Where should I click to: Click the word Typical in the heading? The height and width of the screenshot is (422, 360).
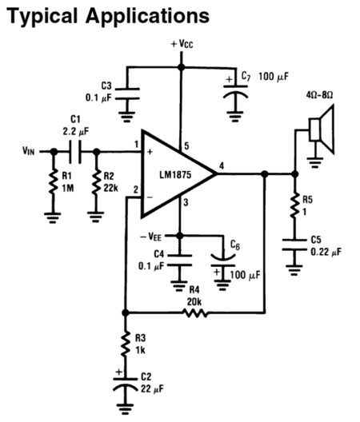[x=42, y=17]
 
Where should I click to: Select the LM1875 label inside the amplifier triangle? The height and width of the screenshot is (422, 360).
[x=175, y=175]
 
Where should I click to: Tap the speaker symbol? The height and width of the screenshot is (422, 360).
[x=322, y=129]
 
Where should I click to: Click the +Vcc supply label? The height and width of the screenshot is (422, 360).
[x=182, y=44]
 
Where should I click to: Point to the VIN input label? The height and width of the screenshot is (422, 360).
[x=29, y=151]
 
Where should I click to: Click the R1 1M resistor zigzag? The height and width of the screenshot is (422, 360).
[x=54, y=181]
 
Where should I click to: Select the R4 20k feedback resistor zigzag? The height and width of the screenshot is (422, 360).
[x=195, y=313]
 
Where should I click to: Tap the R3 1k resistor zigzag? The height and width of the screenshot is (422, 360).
[x=125, y=344]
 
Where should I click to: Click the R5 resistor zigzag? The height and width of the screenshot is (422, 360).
[x=294, y=205]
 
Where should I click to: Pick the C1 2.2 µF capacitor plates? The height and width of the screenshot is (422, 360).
[x=75, y=152]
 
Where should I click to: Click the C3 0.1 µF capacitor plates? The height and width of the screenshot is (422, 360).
[x=127, y=94]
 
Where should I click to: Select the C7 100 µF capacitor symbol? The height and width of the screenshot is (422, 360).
[x=235, y=92]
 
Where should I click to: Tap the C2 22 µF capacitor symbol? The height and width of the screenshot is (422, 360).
[x=125, y=384]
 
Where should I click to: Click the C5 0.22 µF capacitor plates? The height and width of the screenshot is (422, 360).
[x=294, y=245]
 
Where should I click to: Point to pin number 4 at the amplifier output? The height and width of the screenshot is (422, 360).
[x=222, y=165]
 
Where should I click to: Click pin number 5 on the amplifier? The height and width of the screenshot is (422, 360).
[x=186, y=146]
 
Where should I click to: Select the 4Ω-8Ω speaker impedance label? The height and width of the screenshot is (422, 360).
[x=319, y=95]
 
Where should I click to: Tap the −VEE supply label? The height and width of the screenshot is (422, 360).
[x=151, y=237]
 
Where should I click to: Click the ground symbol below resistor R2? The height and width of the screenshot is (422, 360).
[x=96, y=217]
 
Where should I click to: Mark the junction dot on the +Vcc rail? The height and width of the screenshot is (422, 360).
[x=182, y=67]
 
